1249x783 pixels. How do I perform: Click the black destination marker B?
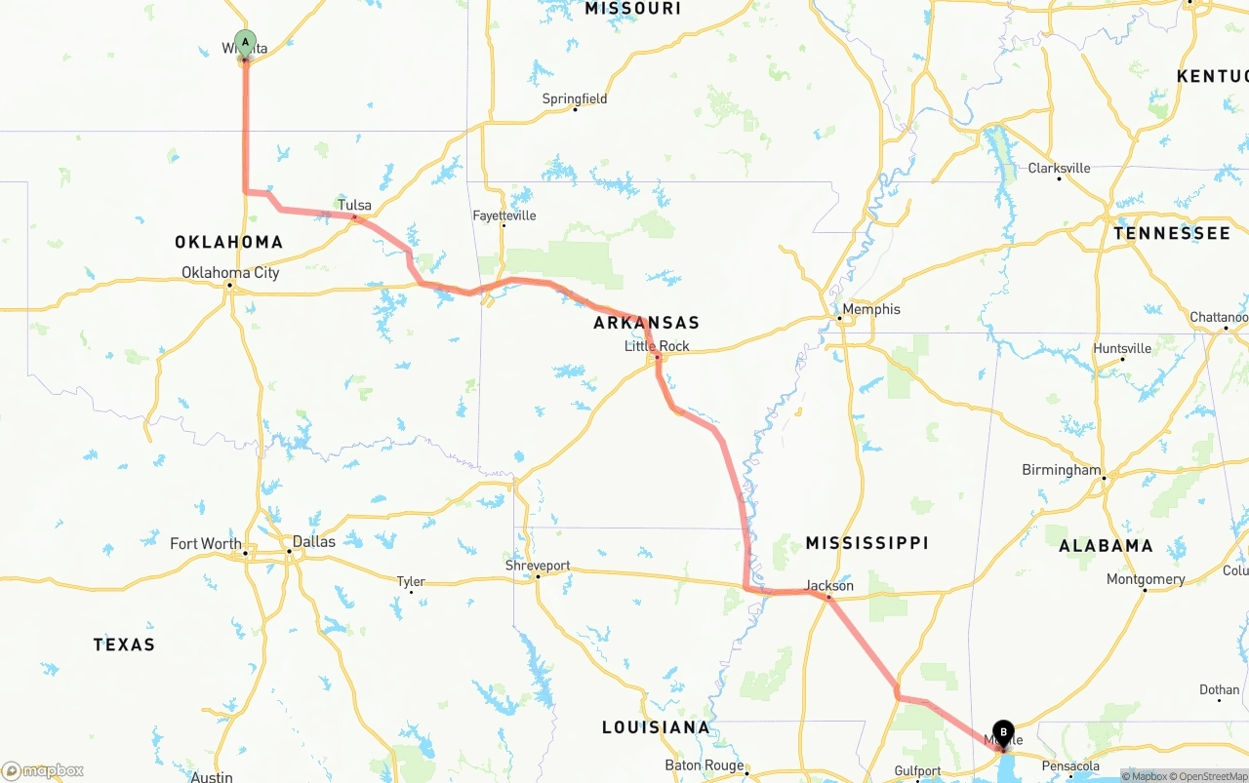(1003, 732)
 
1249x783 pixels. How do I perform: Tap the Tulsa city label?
(354, 206)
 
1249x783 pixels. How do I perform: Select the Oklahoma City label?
(230, 272)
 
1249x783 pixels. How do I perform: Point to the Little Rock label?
(657, 346)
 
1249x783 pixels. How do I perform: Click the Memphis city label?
(871, 309)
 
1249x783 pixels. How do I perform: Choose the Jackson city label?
(829, 586)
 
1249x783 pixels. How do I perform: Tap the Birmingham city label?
(1061, 470)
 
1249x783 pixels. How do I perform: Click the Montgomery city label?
(1146, 579)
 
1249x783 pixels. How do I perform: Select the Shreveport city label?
(538, 566)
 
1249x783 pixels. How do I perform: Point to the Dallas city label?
(313, 542)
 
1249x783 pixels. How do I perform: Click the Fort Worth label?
(206, 544)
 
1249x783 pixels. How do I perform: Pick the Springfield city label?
(575, 98)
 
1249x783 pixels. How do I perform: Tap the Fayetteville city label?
(504, 215)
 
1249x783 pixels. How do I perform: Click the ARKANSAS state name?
(646, 323)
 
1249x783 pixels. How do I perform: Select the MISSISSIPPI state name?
(866, 543)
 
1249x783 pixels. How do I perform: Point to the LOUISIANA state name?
(656, 727)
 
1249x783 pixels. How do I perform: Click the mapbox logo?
(43, 770)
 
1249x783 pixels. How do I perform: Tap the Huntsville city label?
(1122, 348)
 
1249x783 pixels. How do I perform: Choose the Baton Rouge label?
(705, 765)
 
